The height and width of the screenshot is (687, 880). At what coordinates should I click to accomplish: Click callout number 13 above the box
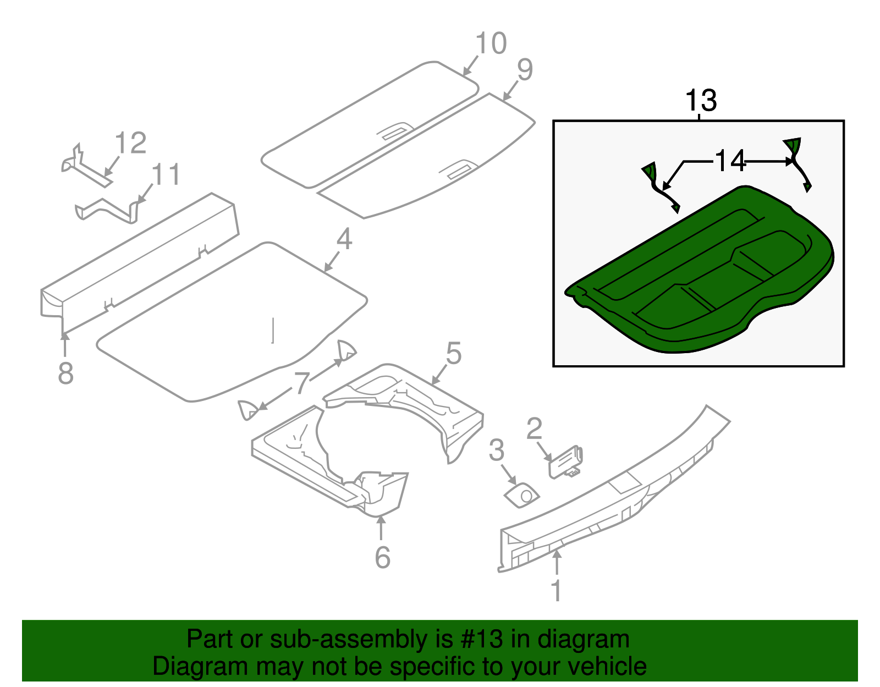701,101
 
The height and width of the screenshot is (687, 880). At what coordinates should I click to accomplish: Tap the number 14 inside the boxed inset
730,161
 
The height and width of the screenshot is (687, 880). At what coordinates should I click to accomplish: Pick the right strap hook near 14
797,162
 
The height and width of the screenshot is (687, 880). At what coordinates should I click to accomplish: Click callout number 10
491,44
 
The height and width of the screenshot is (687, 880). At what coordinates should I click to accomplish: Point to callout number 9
525,70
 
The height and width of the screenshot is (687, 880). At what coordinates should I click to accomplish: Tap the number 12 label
131,144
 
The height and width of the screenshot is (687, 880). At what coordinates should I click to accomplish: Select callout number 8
65,373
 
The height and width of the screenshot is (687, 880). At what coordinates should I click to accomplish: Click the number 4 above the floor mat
344,240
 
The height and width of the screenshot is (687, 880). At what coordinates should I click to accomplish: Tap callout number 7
302,383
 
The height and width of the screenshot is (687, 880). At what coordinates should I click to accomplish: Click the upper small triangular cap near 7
346,350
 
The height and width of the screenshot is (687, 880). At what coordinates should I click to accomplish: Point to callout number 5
453,354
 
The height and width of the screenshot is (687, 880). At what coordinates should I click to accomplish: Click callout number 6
382,558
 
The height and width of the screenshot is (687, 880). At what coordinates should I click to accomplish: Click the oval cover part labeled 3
521,496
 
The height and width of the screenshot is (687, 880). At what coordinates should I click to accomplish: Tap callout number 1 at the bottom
556,591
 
